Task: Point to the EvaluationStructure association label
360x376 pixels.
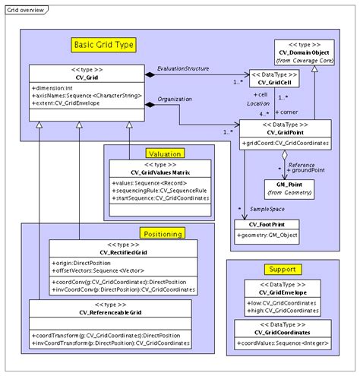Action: [x=183, y=69]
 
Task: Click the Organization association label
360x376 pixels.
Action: [x=173, y=100]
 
